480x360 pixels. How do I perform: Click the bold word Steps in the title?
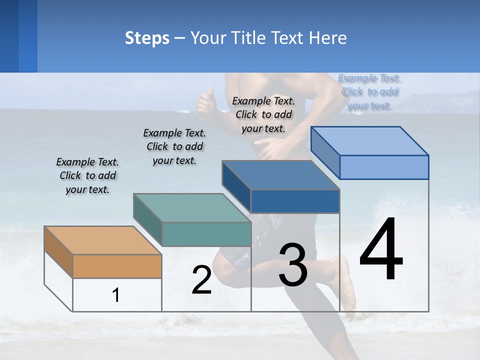click(147, 38)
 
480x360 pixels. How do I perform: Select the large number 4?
click(381, 249)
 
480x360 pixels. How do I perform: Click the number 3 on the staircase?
click(293, 265)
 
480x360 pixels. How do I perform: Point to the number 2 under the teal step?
click(201, 280)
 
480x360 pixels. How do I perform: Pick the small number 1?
click(116, 295)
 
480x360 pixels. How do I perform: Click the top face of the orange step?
click(102, 240)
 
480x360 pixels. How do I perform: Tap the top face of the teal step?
click(192, 207)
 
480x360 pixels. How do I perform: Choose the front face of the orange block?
click(117, 266)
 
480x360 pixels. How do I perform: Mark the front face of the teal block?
click(206, 234)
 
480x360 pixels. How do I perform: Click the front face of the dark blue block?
click(295, 201)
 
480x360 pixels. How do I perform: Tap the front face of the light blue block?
click(384, 167)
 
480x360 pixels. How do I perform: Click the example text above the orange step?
click(87, 175)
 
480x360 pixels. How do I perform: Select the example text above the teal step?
click(174, 146)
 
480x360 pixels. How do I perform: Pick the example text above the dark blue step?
click(263, 114)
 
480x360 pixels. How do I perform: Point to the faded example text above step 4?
click(369, 91)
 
